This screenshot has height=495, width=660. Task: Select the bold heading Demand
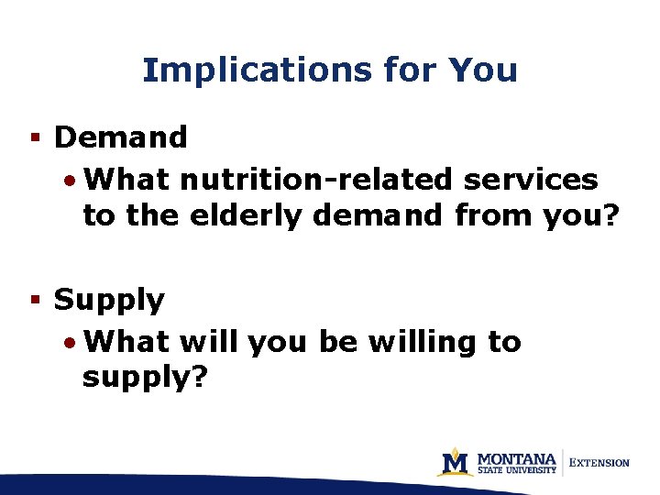pyautogui.click(x=121, y=137)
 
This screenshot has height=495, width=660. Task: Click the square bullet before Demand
pyautogui.click(x=34, y=137)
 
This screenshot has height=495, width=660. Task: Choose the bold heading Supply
pyautogui.click(x=110, y=301)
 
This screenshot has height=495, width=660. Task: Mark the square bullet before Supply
pyautogui.click(x=34, y=300)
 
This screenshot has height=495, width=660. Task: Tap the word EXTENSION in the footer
pyautogui.click(x=599, y=463)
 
